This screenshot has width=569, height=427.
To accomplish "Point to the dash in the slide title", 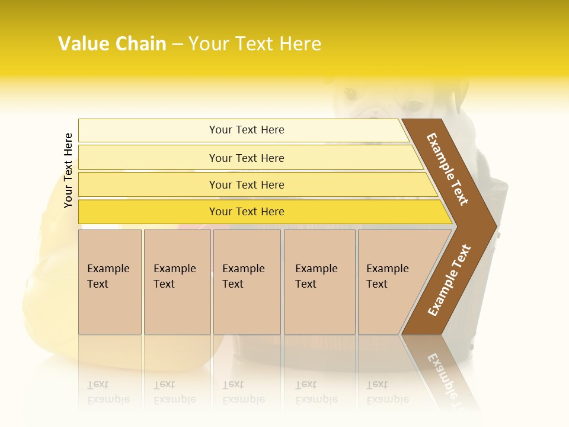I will point(177,44).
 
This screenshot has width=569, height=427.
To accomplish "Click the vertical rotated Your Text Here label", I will point(68,170).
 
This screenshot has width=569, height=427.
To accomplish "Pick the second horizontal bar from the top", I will point(246,158).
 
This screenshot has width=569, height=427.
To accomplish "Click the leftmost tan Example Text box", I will point(110,282).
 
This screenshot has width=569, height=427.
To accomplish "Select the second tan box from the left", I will point(177,282).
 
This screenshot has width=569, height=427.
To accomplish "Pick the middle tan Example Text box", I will point(247,282).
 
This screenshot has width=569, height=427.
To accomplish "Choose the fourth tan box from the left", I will point(319,282).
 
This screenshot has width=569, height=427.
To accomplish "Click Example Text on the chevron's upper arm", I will point(447,169).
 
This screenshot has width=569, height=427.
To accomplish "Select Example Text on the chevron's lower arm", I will point(449,280).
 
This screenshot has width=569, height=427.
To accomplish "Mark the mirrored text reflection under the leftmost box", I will point(108,392).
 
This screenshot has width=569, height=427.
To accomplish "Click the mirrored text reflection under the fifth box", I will point(387,392).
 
